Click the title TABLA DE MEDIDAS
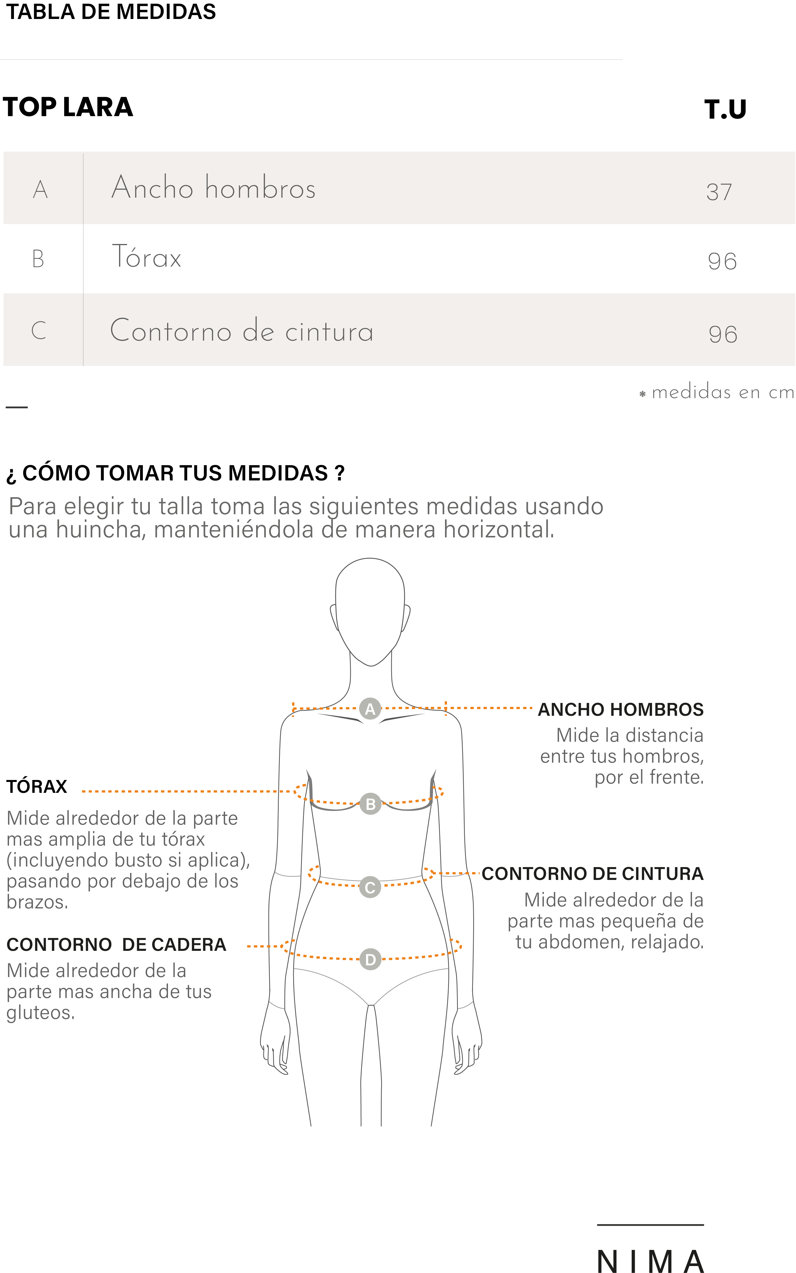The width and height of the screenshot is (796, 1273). [110, 12]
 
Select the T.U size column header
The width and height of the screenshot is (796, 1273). [725, 109]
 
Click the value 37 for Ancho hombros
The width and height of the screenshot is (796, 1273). [719, 192]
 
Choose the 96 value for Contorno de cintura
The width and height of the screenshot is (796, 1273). [723, 334]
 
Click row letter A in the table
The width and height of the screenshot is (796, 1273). [40, 189]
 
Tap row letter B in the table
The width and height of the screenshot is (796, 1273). [38, 259]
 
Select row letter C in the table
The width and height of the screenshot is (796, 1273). [39, 330]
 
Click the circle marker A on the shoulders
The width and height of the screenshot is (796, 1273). [370, 709]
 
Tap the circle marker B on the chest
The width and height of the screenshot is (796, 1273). [370, 804]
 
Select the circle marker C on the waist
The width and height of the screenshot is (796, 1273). [370, 887]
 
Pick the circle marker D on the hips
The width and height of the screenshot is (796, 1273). [370, 959]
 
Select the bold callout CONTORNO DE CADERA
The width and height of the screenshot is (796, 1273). [116, 945]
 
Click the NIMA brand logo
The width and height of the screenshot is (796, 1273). [651, 1261]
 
